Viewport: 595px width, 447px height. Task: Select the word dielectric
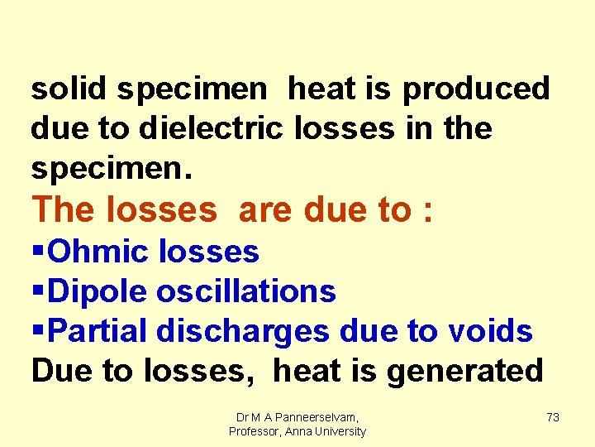[x=211, y=128]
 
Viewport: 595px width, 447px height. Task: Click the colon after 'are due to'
[x=426, y=212]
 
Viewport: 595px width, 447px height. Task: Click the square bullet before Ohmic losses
[x=37, y=252]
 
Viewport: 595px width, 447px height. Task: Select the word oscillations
[x=245, y=291]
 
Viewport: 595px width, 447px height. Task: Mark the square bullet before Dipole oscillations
[x=37, y=291]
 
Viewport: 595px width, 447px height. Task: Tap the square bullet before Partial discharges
[x=37, y=331]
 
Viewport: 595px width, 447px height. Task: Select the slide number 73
[x=553, y=418]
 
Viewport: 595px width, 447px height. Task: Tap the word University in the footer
[x=338, y=432]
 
